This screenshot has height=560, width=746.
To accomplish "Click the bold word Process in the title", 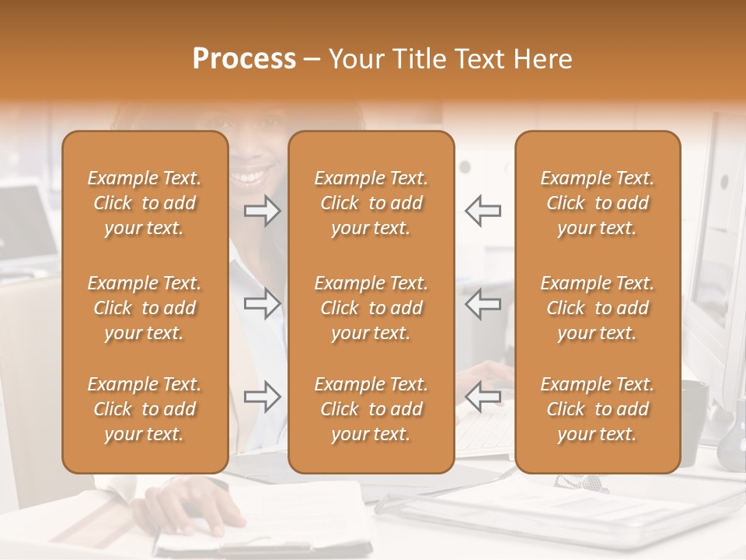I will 244,59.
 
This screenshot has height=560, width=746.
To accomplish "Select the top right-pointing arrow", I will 262,210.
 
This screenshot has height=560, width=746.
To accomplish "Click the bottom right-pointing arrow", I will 262,397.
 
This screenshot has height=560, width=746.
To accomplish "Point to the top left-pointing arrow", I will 483,210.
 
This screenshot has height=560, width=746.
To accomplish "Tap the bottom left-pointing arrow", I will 483,397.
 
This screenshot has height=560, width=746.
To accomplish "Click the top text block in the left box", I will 145,203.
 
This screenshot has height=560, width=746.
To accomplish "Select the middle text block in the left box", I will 145,308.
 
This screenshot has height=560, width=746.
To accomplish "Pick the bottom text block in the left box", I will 145,409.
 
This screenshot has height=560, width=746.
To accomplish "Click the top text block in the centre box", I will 371,203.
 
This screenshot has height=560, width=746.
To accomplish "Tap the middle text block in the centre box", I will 371,308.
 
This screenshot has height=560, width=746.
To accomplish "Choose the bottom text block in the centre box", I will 371,409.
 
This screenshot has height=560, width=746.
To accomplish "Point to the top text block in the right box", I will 597,203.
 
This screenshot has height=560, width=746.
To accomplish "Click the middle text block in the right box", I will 597,308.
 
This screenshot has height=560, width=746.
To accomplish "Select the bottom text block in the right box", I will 597,409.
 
